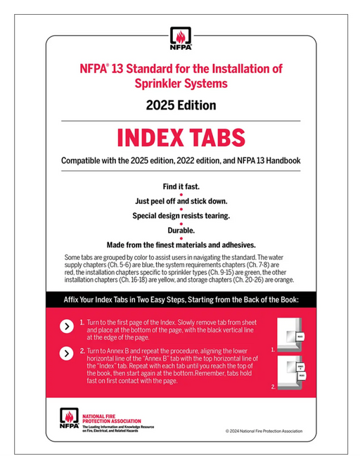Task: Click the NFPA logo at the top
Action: [180, 37]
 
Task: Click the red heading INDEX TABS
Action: [180, 136]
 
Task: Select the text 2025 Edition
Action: [180, 105]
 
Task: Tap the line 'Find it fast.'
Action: [180, 186]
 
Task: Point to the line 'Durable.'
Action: [180, 231]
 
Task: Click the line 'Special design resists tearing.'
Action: [180, 216]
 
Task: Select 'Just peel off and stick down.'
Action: [180, 201]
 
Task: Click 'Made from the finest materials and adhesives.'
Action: [180, 245]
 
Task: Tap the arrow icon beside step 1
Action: [65, 326]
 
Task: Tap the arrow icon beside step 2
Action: [65, 354]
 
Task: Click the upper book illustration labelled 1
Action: [291, 336]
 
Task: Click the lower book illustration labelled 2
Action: [291, 372]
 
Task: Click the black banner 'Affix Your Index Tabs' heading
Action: [180, 299]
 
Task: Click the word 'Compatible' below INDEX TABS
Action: [84, 161]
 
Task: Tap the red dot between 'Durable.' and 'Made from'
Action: [180, 238]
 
